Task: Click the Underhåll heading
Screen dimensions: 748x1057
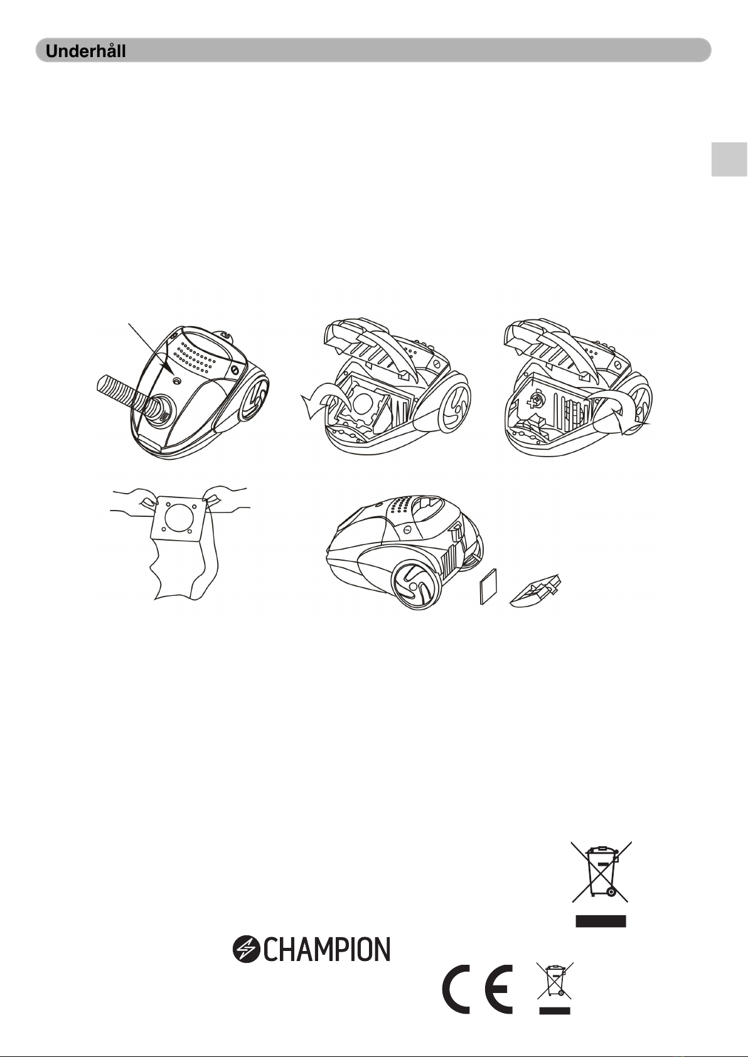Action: pyautogui.click(x=85, y=51)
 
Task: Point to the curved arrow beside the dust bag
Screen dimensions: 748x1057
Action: pyautogui.click(x=321, y=399)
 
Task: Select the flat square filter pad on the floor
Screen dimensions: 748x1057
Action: pyautogui.click(x=488, y=587)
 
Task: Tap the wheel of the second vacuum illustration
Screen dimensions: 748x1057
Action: pyautogui.click(x=454, y=401)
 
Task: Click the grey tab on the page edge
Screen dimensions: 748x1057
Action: pyautogui.click(x=730, y=159)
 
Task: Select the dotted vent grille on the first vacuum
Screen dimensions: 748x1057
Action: pyautogui.click(x=193, y=356)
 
